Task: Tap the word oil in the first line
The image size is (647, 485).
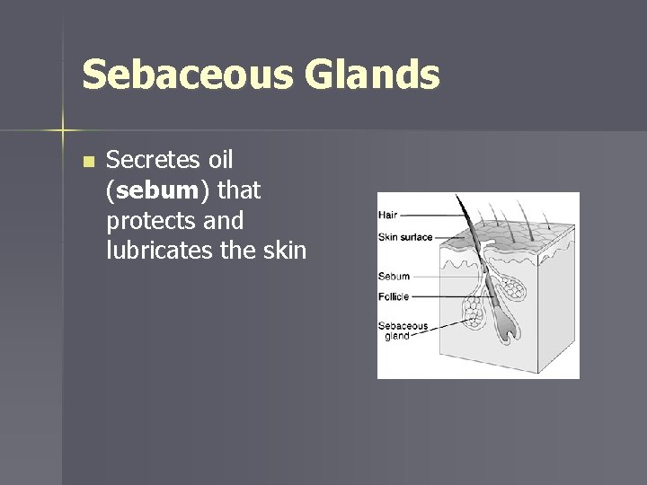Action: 221,161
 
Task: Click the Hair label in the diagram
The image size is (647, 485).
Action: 388,215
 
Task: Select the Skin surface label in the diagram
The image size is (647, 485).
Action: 405,237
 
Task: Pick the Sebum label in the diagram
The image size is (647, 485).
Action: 394,277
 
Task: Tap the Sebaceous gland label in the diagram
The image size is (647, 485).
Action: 402,331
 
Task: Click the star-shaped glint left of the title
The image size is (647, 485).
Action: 64,131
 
